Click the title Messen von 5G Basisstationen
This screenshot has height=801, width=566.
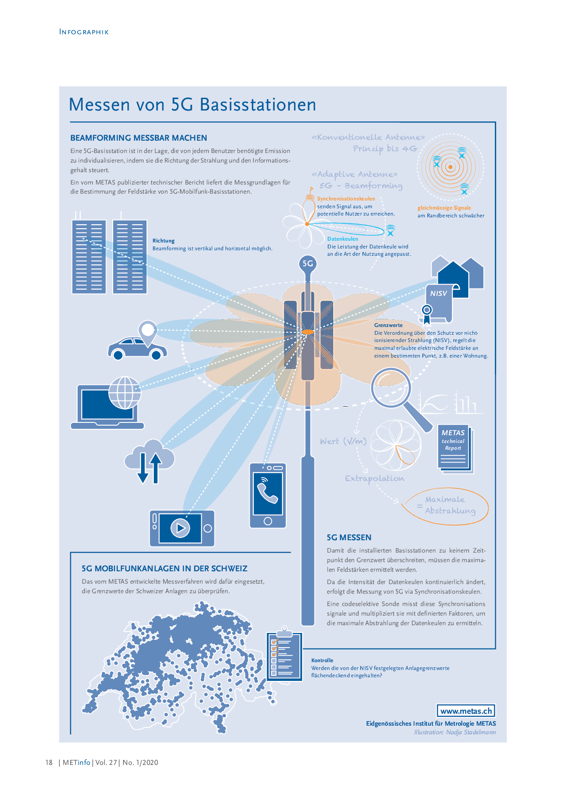tap(192, 105)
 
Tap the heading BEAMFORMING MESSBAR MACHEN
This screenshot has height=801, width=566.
tap(139, 138)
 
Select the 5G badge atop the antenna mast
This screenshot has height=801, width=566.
tap(308, 263)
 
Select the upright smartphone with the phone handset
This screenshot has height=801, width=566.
tap(268, 495)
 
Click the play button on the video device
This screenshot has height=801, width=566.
tap(180, 528)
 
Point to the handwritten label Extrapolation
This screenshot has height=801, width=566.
tap(374, 479)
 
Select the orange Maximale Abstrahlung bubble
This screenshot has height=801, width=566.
tap(445, 506)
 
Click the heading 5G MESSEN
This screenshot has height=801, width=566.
tap(349, 538)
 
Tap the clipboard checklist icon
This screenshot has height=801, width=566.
tap(284, 654)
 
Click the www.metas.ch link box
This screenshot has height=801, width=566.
tap(466, 711)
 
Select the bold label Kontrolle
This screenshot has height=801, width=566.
tap(322, 660)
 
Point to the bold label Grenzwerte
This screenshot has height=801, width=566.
tap(388, 325)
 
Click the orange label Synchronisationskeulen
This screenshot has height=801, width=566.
tap(346, 199)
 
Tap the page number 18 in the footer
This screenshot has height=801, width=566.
tap(49, 762)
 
